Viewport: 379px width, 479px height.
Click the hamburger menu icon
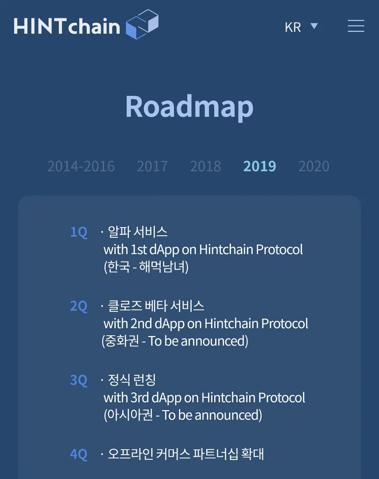356,26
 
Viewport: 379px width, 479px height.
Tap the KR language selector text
293,27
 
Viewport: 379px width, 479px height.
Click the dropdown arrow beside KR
314,26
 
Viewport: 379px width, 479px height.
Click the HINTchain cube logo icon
142,24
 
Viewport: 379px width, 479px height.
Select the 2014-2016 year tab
81,166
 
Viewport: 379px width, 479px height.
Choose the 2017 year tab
152,166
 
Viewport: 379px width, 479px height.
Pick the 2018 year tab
206,166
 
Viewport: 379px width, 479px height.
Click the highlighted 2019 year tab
260,166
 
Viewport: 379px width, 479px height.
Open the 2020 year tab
314,166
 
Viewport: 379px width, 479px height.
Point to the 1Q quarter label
79,232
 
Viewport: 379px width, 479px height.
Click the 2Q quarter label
79,306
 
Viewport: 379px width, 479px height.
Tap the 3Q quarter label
79,381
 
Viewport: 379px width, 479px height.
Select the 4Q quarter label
79,454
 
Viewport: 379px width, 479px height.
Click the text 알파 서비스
138,232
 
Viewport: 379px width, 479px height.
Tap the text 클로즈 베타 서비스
156,306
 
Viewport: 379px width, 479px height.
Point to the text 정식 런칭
132,380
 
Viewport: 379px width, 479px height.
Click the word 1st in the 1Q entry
139,250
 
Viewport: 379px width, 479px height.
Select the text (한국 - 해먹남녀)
146,267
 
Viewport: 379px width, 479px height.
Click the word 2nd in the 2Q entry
141,324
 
